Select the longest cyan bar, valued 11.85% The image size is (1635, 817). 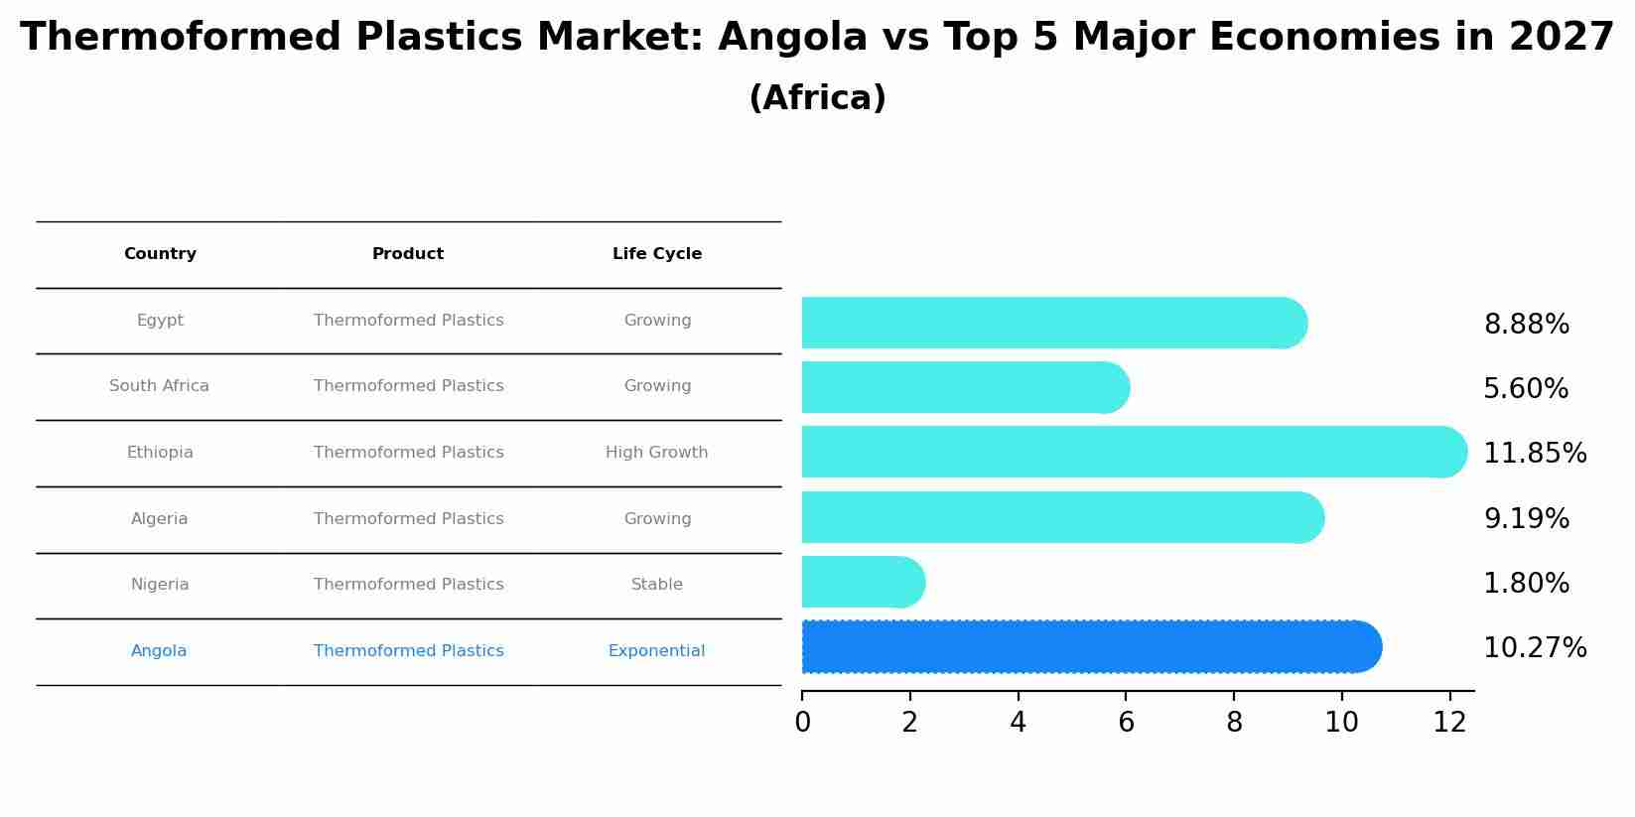(x=1132, y=452)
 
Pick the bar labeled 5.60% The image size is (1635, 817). (x=963, y=387)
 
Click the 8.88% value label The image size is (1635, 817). (x=1526, y=325)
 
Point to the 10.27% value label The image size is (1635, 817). (x=1534, y=648)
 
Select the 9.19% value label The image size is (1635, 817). (x=1526, y=519)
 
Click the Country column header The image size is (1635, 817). (x=160, y=254)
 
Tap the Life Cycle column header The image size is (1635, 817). (x=656, y=254)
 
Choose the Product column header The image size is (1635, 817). (x=408, y=254)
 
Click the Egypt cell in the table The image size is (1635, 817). (x=160, y=321)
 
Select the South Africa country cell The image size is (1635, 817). (x=159, y=386)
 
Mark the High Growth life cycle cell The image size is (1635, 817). (x=656, y=453)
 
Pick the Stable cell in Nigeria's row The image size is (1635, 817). (x=656, y=585)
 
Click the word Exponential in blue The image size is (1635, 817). (x=656, y=651)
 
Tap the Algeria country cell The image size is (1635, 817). (x=159, y=519)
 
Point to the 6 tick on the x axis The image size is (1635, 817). (x=1126, y=723)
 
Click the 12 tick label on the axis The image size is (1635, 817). (x=1449, y=723)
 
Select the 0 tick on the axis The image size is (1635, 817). (x=802, y=723)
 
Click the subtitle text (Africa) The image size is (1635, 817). (x=817, y=98)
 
